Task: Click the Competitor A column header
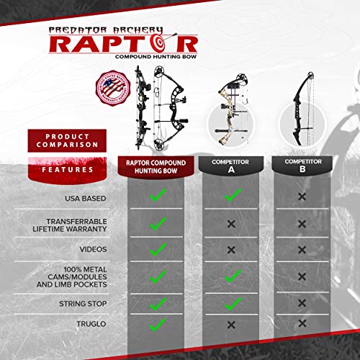pos(230,167)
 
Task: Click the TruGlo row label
pos(88,325)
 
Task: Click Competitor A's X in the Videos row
pos(231,250)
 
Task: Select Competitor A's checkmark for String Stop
pos(231,304)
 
